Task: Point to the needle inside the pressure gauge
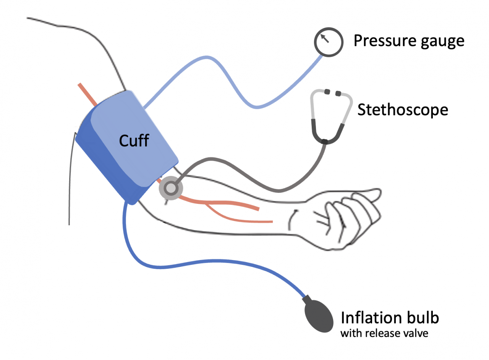point(325,38)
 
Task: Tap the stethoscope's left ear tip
point(327,92)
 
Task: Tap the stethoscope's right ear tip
point(338,93)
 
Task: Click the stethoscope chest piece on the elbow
point(171,188)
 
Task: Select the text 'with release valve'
point(384,333)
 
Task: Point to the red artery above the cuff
point(87,94)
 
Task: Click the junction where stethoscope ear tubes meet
point(324,142)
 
